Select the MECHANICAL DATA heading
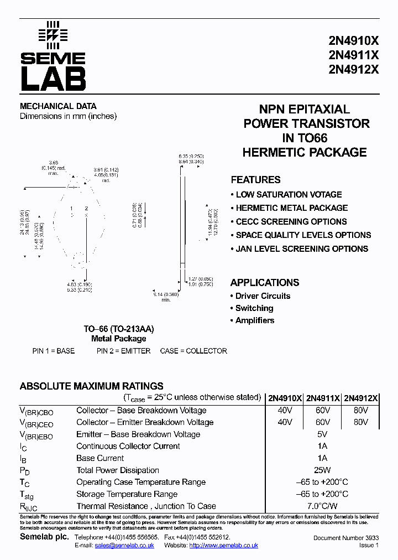click(58, 106)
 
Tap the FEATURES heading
click(255, 180)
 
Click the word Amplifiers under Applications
click(255, 320)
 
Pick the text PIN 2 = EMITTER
click(123, 351)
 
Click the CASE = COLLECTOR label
click(193, 351)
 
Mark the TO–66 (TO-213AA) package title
click(118, 329)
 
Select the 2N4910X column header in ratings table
click(285, 398)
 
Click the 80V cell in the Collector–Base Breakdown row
click(360, 411)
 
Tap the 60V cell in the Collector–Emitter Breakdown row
click(323, 422)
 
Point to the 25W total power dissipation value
click(323, 470)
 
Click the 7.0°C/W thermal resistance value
click(323, 506)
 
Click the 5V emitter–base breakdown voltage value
click(323, 434)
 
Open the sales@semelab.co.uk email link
click(124, 546)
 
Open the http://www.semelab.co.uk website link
click(223, 546)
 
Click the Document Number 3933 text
click(346, 538)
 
